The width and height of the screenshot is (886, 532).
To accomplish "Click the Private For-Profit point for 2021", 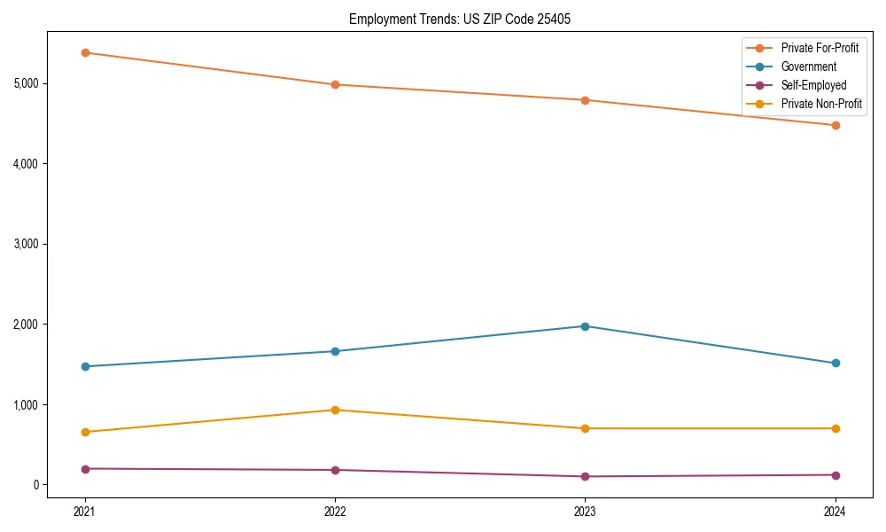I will point(85,52).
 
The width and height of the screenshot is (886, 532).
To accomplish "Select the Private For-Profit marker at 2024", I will point(835,125).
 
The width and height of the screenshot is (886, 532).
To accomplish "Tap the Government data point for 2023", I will point(585,326).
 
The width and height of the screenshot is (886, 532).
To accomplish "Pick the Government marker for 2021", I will point(85,366).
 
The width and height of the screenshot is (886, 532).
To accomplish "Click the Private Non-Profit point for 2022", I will point(335,410).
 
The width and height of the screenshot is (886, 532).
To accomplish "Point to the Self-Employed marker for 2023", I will point(585,476).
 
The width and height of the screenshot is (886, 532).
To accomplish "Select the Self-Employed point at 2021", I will point(85,468).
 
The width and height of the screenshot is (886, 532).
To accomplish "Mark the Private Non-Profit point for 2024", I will point(835,428).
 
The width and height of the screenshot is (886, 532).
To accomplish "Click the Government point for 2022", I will point(335,351).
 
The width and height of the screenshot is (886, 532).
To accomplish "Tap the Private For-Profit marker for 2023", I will point(585,100).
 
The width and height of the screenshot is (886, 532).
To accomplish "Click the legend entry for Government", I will point(808,66).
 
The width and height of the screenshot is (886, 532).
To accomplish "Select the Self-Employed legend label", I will point(813,85).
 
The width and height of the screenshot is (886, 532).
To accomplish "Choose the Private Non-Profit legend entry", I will point(821,104).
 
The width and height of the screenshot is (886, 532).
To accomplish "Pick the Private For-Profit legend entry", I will point(820,48).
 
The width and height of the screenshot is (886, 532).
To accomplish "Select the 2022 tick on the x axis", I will point(335,511).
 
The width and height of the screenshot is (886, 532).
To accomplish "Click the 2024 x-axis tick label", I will point(835,511).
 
